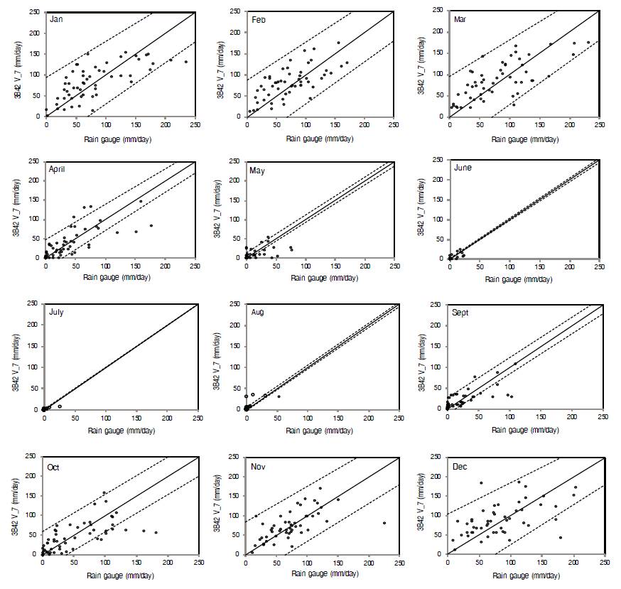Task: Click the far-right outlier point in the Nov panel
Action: point(384,523)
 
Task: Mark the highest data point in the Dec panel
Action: point(480,484)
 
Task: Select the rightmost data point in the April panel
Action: point(151,226)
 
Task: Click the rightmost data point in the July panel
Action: point(60,406)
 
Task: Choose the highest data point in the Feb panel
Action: point(338,43)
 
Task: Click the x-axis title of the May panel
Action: point(313,276)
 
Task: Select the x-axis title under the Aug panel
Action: point(313,430)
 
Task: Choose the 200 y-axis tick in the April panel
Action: point(34,180)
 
